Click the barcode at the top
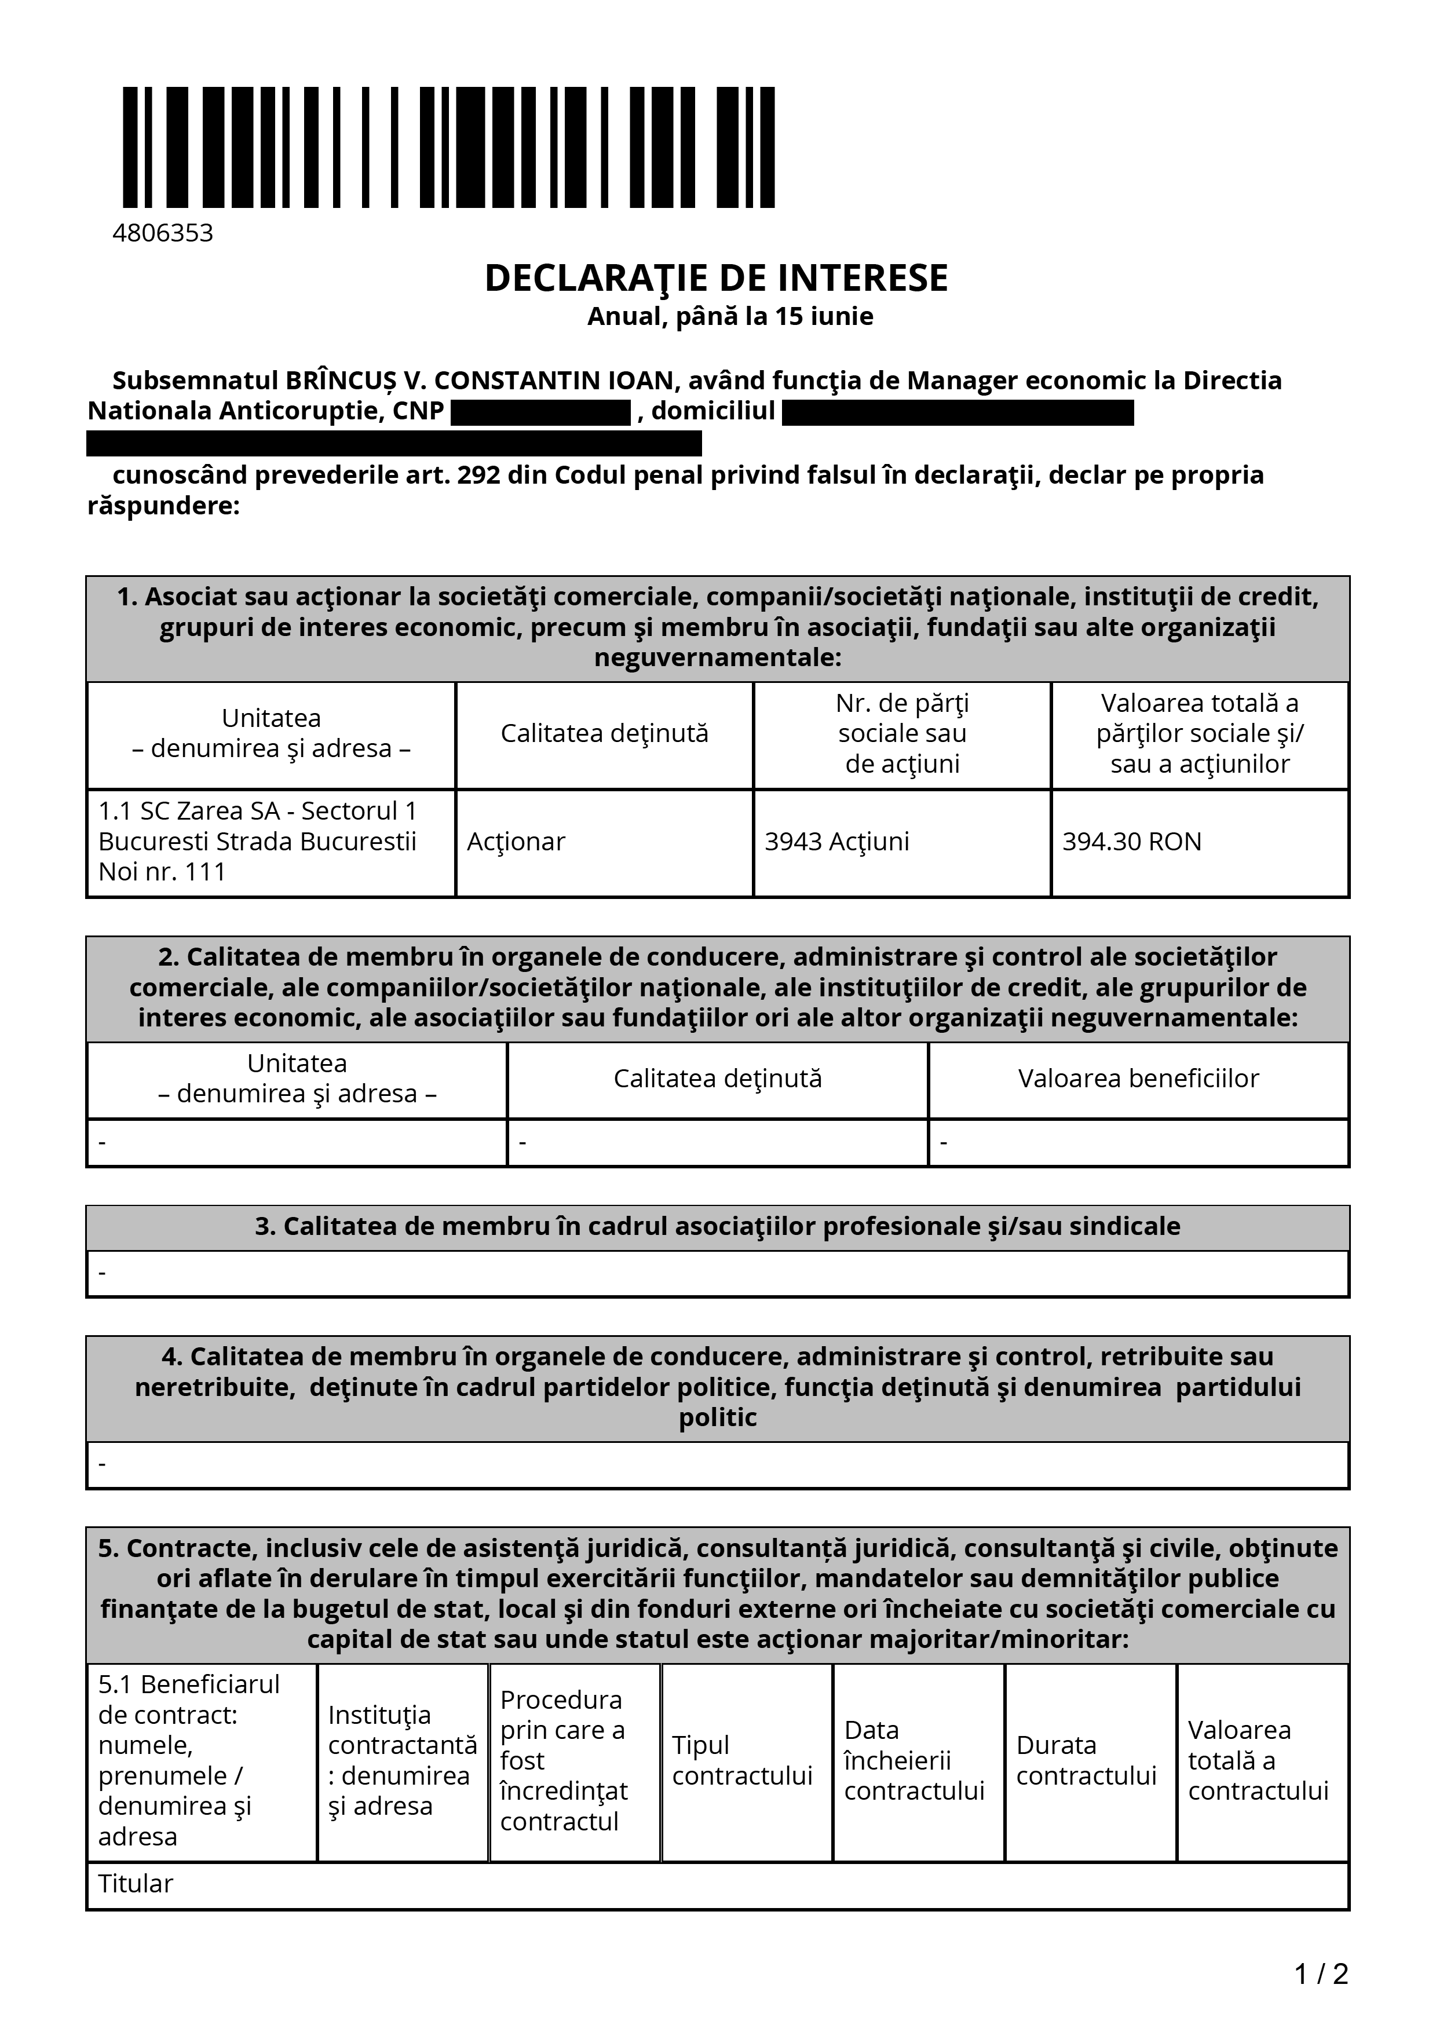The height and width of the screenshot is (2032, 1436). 448,147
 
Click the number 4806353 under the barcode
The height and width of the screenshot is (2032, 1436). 163,233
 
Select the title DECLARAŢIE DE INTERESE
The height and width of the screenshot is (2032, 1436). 716,279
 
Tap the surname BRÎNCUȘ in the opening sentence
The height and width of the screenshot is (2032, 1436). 340,381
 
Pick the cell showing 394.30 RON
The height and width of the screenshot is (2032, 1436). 1132,842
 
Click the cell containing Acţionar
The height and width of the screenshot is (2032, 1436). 516,842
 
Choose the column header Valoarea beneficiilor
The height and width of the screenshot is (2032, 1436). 1138,1079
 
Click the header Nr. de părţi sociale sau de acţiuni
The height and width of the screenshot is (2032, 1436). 901,734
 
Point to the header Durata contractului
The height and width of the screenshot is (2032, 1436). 1086,1760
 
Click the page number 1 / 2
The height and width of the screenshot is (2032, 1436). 1321,1973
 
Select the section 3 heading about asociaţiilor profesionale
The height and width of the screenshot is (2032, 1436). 718,1227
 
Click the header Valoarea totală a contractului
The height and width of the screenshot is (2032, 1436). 1257,1760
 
